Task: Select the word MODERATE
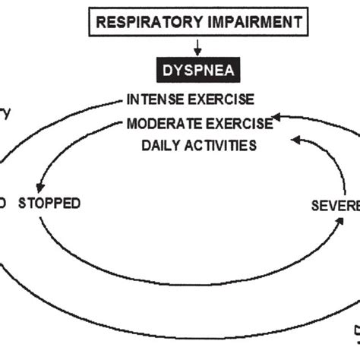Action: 159,121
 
